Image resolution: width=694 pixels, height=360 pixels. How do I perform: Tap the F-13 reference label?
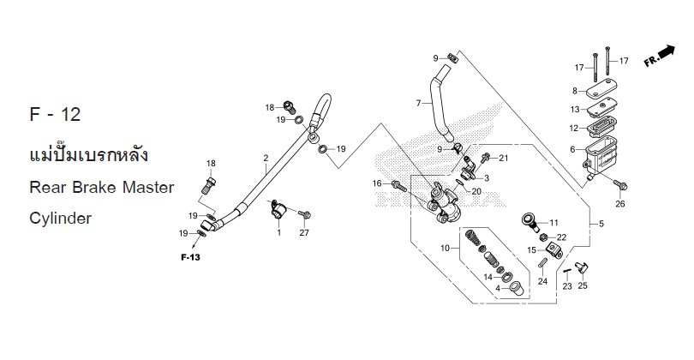point(189,256)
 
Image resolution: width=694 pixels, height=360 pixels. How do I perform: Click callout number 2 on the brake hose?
point(266,159)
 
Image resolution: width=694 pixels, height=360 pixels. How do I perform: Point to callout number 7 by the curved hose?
point(418,103)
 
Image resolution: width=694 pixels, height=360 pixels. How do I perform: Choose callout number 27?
point(304,232)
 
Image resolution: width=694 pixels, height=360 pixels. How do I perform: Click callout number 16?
point(376,183)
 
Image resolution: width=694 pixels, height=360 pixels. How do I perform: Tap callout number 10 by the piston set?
point(445,248)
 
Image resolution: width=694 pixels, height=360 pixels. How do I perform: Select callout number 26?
point(620,204)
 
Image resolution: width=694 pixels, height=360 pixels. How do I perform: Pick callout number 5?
point(601,224)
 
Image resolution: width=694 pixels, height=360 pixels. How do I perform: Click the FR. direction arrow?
point(658,56)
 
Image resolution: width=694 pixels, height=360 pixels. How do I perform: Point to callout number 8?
point(575,91)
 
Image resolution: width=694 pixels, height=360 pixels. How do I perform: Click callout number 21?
point(504,159)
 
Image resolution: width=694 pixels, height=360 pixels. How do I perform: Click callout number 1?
point(278,232)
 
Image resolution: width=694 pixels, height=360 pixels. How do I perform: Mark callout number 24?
point(541,280)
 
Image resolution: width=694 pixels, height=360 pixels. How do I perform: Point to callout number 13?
point(575,109)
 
